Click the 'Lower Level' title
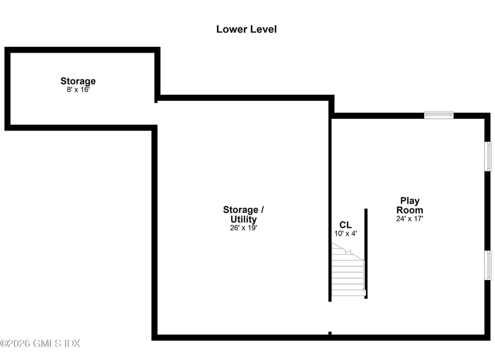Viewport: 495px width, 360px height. click(x=246, y=29)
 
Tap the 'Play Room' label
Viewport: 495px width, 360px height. click(x=410, y=205)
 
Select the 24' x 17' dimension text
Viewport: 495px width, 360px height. click(x=410, y=219)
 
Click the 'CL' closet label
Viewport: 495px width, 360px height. click(x=345, y=225)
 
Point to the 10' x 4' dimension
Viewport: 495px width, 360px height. click(x=345, y=233)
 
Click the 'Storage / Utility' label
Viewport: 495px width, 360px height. click(x=243, y=214)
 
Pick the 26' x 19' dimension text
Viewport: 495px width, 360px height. click(x=243, y=228)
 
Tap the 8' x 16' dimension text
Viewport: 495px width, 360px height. click(x=78, y=90)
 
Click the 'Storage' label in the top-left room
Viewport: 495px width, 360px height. click(x=78, y=81)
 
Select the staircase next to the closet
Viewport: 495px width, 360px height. click(x=348, y=272)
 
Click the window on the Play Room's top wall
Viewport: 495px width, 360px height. click(x=439, y=114)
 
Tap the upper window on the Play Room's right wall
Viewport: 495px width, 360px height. click(x=487, y=156)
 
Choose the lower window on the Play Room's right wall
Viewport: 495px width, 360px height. click(x=487, y=265)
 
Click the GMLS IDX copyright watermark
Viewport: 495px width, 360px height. click(x=40, y=343)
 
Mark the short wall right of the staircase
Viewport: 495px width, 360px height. click(x=366, y=253)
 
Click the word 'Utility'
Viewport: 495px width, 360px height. click(x=243, y=219)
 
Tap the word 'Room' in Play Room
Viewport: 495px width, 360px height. click(x=410, y=210)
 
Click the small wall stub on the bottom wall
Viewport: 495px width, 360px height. click(x=330, y=334)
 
